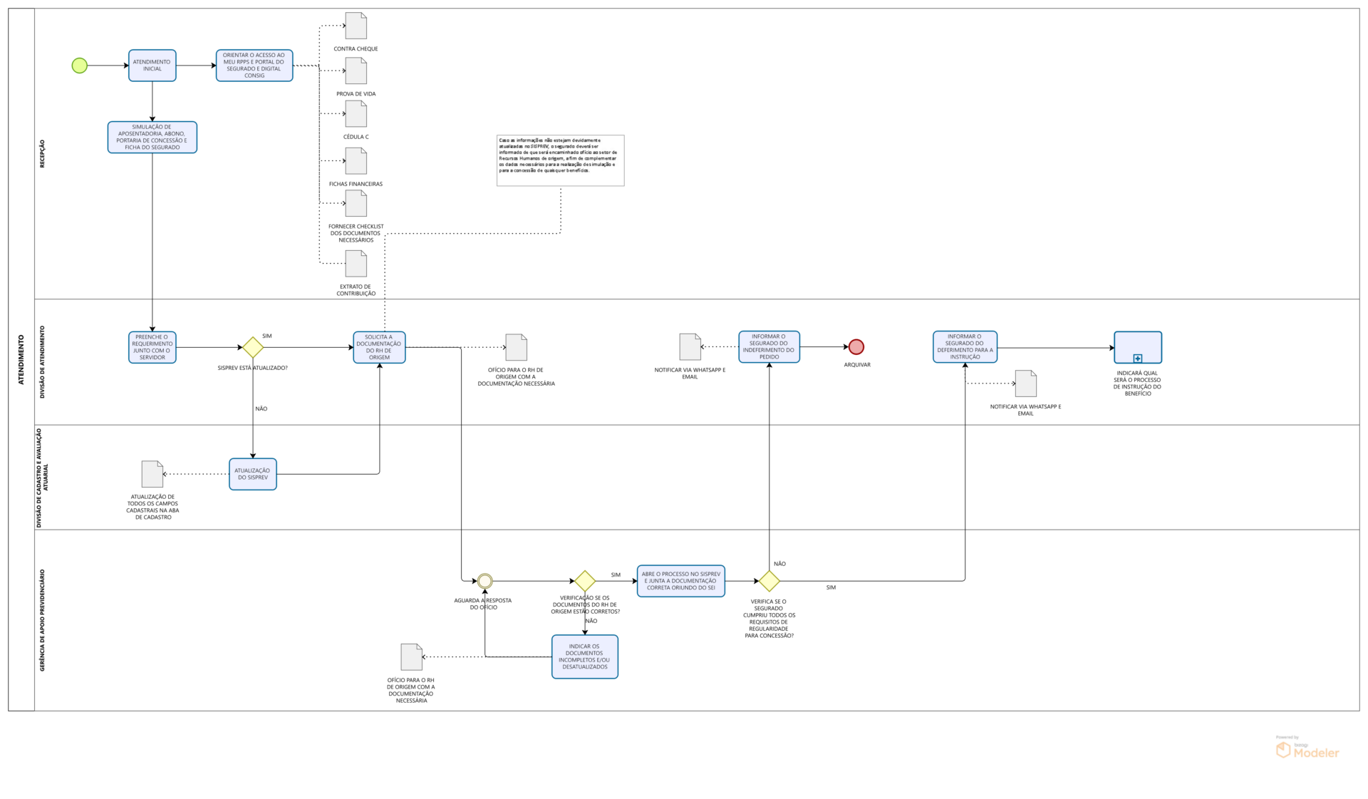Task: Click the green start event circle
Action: (80, 66)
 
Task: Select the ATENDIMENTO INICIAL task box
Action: (152, 66)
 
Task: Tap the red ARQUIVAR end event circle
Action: (856, 347)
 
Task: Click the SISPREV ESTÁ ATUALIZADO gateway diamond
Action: (253, 348)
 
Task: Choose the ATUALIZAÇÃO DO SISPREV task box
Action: (253, 474)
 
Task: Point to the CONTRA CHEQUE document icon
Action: (356, 26)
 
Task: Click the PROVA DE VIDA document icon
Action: (356, 71)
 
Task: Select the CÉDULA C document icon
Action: (356, 114)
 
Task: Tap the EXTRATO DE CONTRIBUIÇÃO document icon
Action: (356, 264)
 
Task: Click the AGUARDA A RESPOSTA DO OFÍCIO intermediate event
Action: (485, 582)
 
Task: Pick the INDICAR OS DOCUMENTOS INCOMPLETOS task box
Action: (584, 656)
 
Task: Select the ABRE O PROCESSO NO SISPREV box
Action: (680, 581)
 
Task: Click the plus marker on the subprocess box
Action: (1138, 359)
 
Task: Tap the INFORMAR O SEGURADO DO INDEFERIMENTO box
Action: (769, 347)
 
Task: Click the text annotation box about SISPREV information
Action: (560, 160)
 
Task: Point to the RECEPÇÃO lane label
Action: (42, 154)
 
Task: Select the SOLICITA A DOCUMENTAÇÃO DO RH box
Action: (379, 347)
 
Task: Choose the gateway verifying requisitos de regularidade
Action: (769, 581)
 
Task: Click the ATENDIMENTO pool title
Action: (21, 359)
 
